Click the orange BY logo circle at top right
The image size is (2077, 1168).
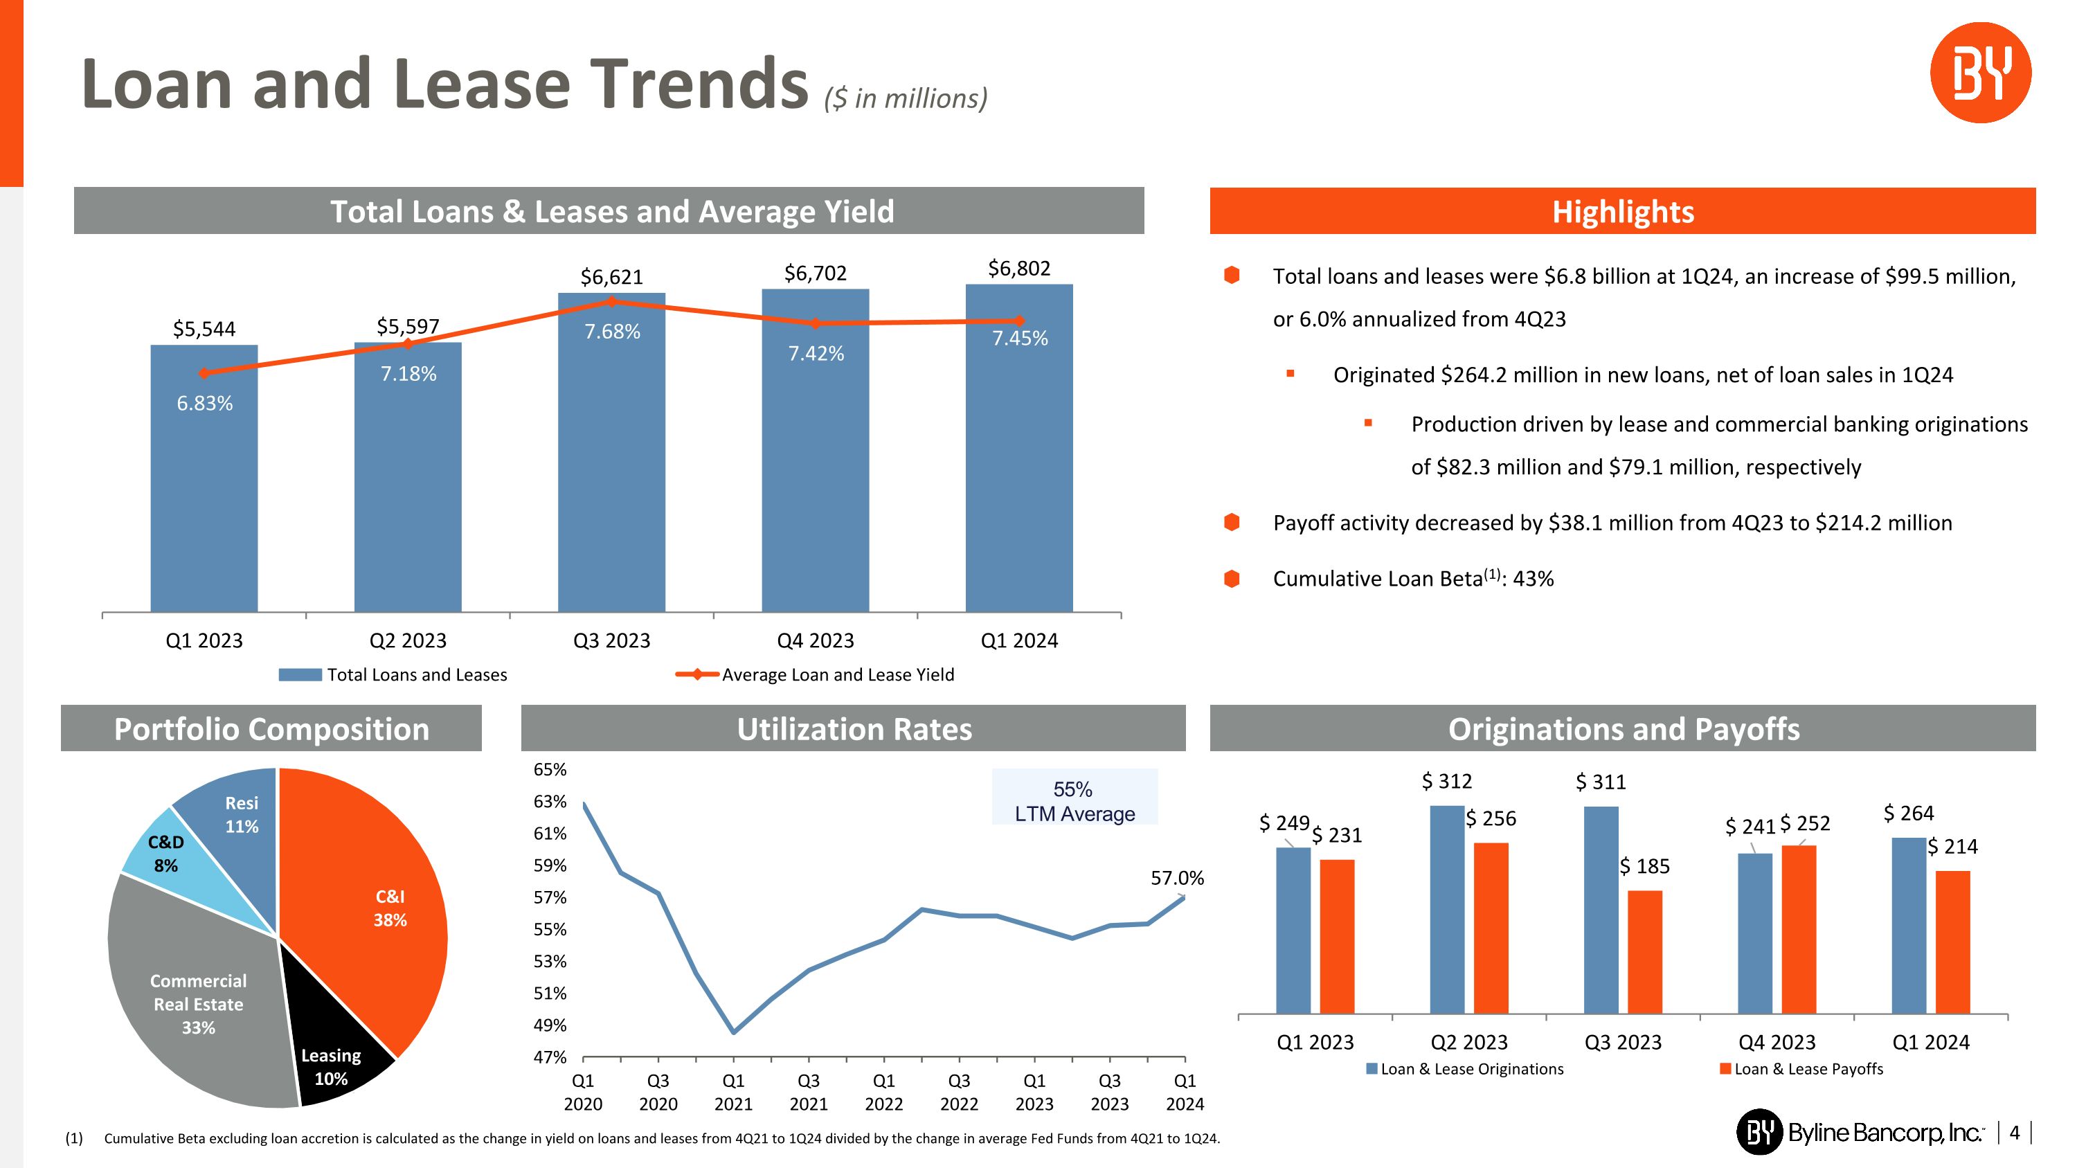click(1979, 73)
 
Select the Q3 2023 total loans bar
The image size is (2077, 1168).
click(611, 467)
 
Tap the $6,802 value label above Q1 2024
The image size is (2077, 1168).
click(1019, 269)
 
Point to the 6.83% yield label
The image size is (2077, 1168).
click(205, 403)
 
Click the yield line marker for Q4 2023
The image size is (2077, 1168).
click(815, 323)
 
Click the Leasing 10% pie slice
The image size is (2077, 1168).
click(339, 1056)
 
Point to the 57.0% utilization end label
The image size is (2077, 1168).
click(1176, 878)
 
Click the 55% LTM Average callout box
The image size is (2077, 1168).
click(1074, 800)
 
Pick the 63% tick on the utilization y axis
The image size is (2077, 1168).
click(550, 801)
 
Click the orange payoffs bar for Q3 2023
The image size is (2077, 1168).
click(1645, 951)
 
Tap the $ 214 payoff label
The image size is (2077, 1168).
click(1952, 846)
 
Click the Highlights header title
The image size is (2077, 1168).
click(1622, 212)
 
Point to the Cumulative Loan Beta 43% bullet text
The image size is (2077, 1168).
click(1412, 579)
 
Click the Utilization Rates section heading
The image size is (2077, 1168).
click(854, 728)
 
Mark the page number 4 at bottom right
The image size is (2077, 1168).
click(2015, 1133)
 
